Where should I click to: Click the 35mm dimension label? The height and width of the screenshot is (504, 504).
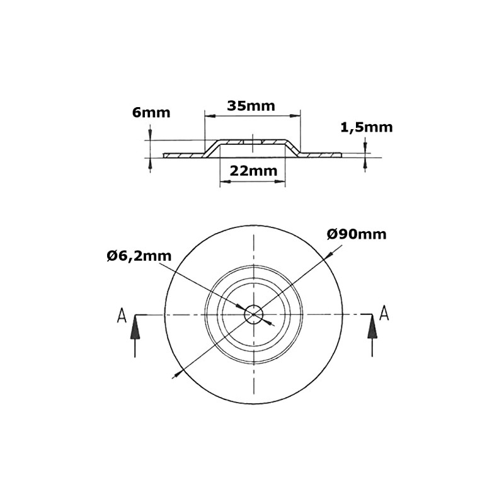click(x=251, y=106)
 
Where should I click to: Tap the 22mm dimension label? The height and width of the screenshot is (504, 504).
click(x=253, y=171)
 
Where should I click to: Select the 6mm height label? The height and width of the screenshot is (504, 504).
click(x=151, y=113)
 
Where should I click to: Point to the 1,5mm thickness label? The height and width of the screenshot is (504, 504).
click(x=366, y=127)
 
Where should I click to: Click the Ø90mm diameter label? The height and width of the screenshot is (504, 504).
click(x=357, y=234)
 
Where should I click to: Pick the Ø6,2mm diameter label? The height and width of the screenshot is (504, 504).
click(x=139, y=256)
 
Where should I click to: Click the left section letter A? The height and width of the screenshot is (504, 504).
click(x=122, y=316)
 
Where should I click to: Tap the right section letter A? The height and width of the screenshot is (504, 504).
click(x=384, y=312)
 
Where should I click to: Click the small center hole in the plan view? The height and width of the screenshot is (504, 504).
click(x=254, y=314)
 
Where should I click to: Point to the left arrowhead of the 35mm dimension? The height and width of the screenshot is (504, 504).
click(x=210, y=115)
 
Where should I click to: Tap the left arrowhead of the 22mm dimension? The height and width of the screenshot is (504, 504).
click(x=224, y=181)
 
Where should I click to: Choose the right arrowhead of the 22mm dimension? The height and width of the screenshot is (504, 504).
click(x=281, y=181)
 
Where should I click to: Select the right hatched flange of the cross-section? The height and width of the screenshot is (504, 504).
click(x=321, y=154)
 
